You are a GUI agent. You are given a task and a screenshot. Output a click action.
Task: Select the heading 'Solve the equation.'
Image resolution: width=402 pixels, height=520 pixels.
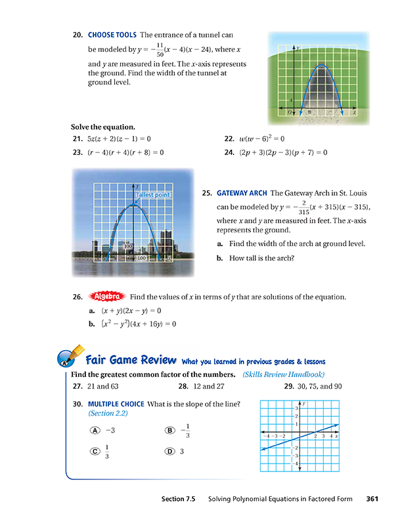click(x=103, y=126)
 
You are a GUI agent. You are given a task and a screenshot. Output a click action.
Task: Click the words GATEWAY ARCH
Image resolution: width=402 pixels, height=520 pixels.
click(x=242, y=194)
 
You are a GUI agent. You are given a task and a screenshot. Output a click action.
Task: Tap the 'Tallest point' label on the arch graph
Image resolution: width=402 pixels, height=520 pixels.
click(x=154, y=195)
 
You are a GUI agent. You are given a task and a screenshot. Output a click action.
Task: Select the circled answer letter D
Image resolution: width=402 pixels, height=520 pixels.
click(x=170, y=451)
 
